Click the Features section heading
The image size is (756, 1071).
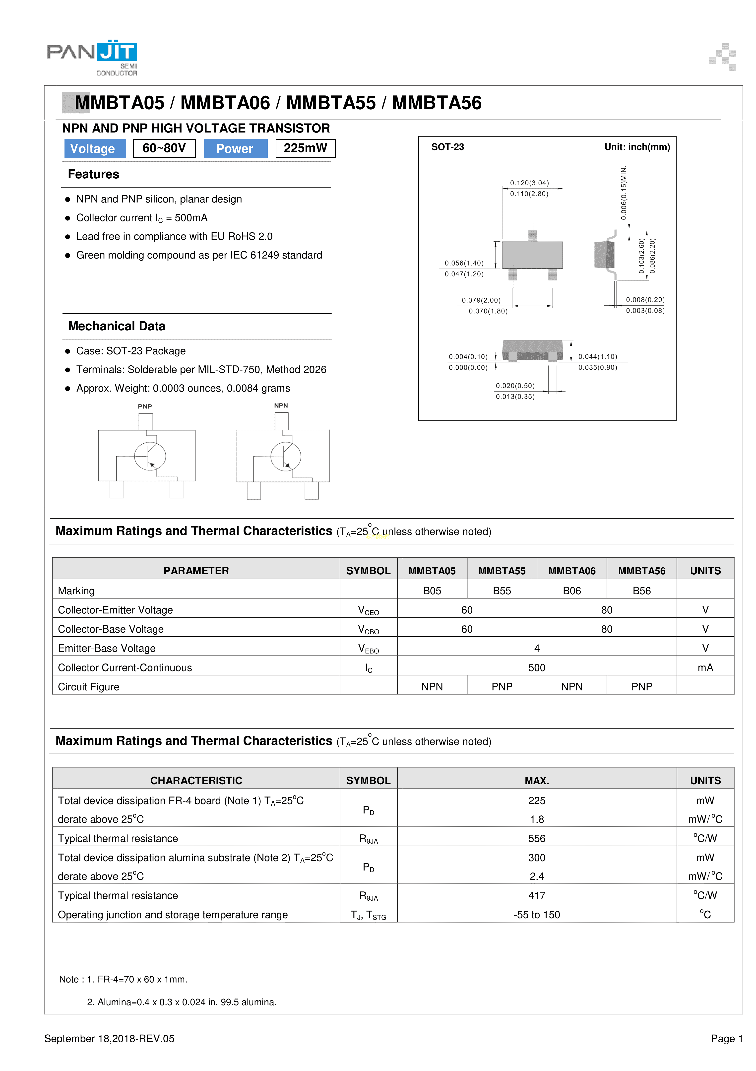point(93,174)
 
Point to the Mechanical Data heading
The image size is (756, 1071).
point(117,326)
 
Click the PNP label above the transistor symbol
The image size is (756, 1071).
point(145,406)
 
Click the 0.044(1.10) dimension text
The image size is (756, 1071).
point(597,356)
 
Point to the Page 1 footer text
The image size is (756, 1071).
point(726,1038)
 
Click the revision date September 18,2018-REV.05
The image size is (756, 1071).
point(109,1038)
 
